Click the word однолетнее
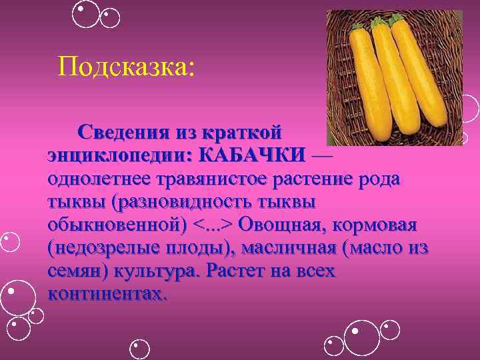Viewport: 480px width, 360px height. (x=99, y=178)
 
